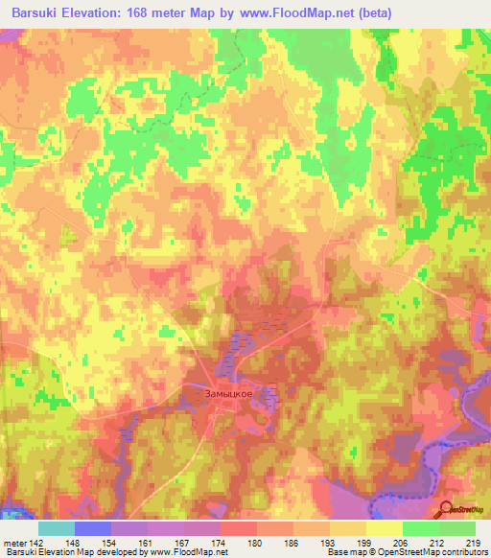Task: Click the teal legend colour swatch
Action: pos(57,528)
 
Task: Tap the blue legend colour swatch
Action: pos(93,528)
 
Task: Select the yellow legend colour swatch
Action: pos(384,528)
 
